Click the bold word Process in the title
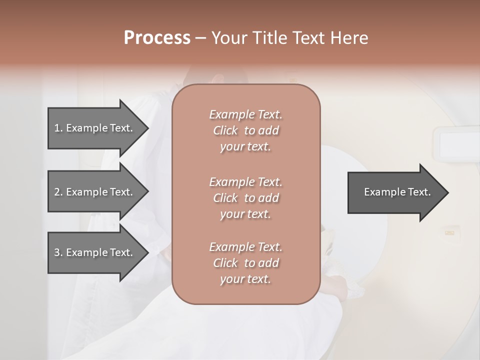tap(157, 38)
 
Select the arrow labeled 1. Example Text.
tap(95, 128)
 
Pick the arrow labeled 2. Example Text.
tap(95, 192)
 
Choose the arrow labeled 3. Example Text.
tap(95, 252)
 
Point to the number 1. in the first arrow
tap(58, 128)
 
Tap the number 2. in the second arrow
tap(58, 192)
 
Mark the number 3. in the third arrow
tap(58, 252)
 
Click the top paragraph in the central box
tap(246, 130)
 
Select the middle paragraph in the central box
tap(246, 198)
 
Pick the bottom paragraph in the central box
tap(246, 263)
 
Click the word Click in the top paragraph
tap(225, 130)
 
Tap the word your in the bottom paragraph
tap(230, 279)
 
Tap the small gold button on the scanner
tap(449, 232)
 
